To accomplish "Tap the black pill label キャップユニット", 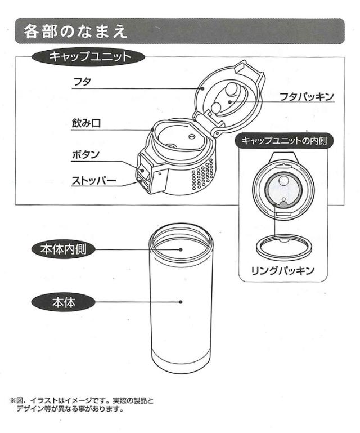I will click(90, 56).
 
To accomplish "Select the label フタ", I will click(82, 83).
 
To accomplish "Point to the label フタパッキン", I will click(307, 97).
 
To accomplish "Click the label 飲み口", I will click(87, 123).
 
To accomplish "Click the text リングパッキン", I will click(282, 271).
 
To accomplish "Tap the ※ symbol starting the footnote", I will click(14, 401).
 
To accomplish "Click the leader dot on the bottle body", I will click(181, 302).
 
